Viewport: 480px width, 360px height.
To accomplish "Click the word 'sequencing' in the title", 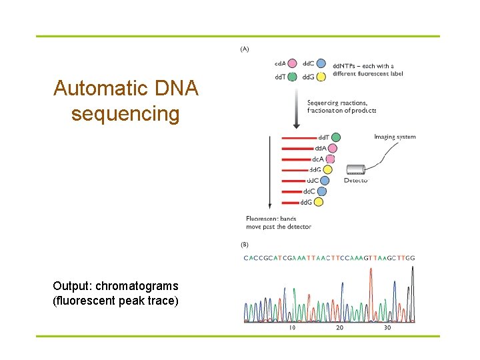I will pos(125,114).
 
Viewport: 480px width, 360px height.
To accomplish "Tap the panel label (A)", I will pos(245,49).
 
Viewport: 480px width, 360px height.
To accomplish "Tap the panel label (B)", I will pos(245,245).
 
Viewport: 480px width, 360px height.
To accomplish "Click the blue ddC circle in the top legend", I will pos(321,64).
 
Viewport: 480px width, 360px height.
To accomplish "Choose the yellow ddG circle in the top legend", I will pos(321,77).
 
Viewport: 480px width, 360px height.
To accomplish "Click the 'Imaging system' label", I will pos(395,137).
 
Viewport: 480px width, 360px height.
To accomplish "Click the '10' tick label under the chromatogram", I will pos(292,328).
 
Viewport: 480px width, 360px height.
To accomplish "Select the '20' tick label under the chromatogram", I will pos(339,328).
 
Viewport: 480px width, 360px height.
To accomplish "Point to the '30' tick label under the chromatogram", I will pos(387,328).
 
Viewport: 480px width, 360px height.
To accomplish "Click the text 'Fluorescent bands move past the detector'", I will pos(278,223).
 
